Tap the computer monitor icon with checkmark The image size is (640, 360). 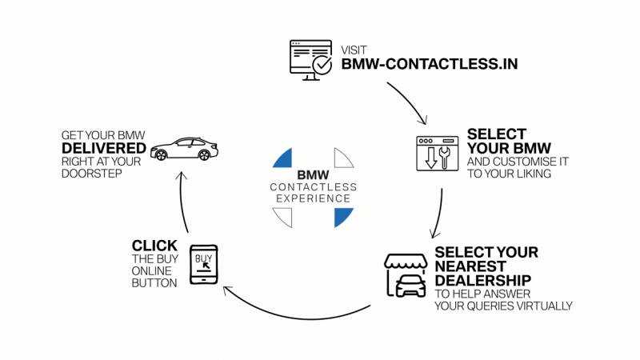coord(309,58)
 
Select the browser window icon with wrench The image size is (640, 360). coord(437,153)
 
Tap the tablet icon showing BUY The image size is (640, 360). coord(203,263)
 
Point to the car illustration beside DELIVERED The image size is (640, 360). coord(183,150)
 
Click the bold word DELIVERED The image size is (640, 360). coord(103,149)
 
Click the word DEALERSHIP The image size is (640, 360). coord(483,280)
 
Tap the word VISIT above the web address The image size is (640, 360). coord(353,49)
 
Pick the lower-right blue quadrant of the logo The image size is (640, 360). coord(343,217)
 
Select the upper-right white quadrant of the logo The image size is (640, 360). coord(343,158)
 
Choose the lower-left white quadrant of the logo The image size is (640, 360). coord(283,217)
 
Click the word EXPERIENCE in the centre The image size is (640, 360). coord(314,198)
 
